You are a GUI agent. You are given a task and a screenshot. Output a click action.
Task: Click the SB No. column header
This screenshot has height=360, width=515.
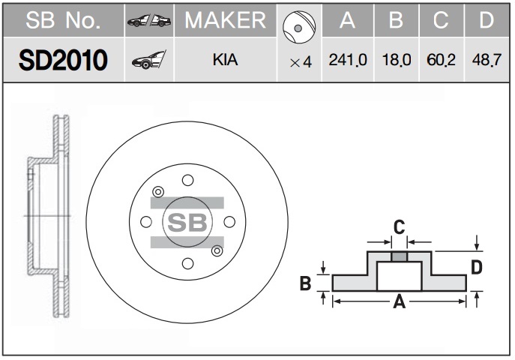[63, 20]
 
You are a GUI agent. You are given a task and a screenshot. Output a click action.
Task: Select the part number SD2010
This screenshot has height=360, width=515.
[63, 60]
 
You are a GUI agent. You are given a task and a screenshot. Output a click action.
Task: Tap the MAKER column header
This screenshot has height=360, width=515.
[226, 20]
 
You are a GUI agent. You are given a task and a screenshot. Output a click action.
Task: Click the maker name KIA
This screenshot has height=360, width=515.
[225, 60]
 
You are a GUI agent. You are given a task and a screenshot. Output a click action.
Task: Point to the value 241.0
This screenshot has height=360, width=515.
[348, 60]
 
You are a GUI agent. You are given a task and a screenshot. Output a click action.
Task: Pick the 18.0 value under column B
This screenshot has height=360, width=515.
[397, 60]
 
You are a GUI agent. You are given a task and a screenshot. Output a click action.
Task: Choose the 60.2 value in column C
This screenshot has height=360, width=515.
[441, 60]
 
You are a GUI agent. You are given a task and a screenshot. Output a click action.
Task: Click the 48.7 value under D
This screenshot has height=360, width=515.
[487, 60]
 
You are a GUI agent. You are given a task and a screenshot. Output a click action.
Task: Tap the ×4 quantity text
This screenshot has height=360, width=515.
[301, 62]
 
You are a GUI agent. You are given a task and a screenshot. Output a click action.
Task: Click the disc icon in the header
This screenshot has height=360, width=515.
[299, 27]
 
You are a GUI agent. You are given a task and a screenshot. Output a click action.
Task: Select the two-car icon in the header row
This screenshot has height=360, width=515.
[149, 21]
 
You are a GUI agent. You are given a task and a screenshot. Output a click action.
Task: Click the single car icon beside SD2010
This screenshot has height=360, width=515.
[148, 60]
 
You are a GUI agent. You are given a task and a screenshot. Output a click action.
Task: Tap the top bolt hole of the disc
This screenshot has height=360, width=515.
[188, 180]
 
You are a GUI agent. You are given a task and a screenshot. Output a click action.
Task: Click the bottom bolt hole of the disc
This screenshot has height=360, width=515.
[188, 263]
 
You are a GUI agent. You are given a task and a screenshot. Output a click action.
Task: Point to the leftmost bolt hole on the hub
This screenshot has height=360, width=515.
[146, 222]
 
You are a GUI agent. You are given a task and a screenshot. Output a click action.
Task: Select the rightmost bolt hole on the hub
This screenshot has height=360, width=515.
[229, 222]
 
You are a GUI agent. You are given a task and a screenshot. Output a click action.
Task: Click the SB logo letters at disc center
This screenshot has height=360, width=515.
[187, 222]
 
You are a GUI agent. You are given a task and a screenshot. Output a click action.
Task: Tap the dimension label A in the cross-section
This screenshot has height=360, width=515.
[399, 301]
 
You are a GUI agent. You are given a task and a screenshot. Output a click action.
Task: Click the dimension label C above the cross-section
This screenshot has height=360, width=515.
[399, 227]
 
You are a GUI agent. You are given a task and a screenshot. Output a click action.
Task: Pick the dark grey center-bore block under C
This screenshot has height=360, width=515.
[399, 256]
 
